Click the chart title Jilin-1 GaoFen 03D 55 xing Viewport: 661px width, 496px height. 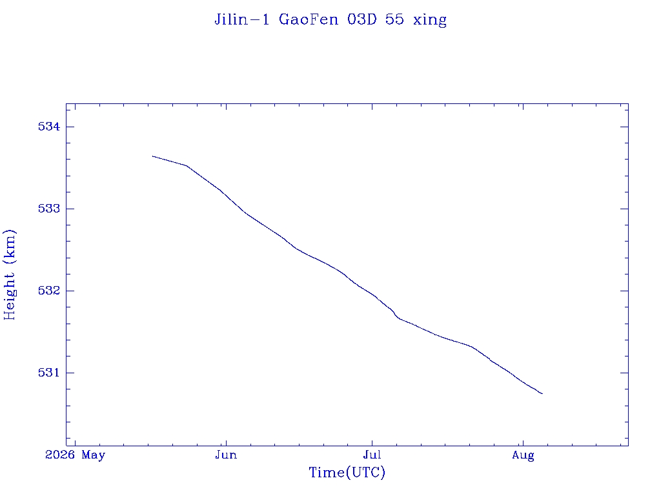pos(330,19)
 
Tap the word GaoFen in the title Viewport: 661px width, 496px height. pos(309,19)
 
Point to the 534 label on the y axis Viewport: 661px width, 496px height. pos(49,127)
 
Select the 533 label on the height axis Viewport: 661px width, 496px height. pos(49,209)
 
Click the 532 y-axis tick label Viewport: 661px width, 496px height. pos(49,291)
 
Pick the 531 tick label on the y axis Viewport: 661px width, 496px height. pos(49,373)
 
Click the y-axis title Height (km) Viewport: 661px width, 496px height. pos(10,274)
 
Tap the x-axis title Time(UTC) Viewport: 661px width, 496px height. pos(347,472)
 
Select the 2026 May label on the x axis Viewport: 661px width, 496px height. pos(75,455)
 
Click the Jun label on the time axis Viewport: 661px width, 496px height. pos(226,455)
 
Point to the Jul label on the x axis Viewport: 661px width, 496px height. pos(372,455)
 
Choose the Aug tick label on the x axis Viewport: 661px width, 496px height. pos(523,455)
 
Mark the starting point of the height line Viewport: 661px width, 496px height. pos(152,156)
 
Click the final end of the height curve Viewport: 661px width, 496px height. pos(542,393)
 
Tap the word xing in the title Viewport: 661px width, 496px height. pos(430,20)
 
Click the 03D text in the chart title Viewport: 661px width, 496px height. pos(361,19)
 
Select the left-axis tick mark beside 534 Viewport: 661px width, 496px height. pos(70,127)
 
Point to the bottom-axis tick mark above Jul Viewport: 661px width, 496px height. pos(372,442)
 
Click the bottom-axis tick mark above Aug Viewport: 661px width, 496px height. pos(523,442)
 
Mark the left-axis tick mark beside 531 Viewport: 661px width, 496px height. pos(70,373)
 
